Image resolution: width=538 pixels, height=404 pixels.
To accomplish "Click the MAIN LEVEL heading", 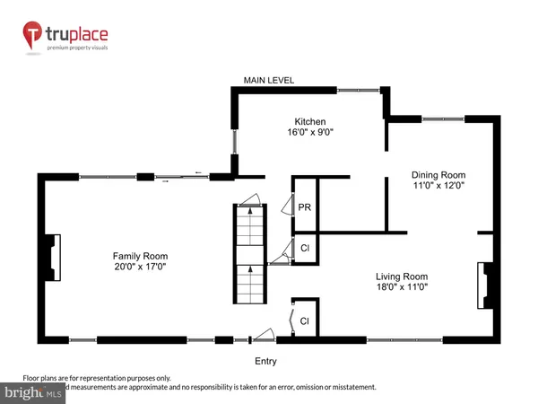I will point(268,81).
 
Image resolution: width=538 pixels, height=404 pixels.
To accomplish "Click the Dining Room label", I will point(438,174).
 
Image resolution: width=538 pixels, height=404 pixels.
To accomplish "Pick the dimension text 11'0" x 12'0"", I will point(438,187).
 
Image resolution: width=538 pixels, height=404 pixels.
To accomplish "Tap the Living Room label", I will point(401,277).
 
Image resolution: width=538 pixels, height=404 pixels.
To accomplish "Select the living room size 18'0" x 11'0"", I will point(401,289).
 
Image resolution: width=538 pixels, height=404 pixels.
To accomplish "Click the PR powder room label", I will point(305,206).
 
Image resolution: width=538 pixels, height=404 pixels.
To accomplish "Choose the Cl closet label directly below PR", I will point(305,248).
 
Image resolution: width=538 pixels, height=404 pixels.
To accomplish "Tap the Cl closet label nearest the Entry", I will point(305,320).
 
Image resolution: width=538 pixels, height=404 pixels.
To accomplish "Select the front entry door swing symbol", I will point(264,335).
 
